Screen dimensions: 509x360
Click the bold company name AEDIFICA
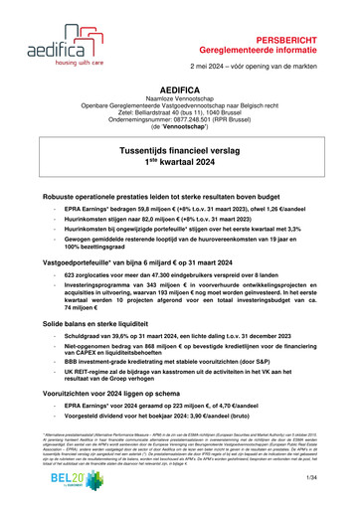pyautogui.click(x=179, y=73)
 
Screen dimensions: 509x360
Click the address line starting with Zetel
pyautogui.click(x=179, y=100)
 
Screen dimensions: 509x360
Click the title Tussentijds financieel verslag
pyautogui.click(x=179, y=144)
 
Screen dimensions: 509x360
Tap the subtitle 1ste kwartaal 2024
pyautogui.click(x=179, y=158)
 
